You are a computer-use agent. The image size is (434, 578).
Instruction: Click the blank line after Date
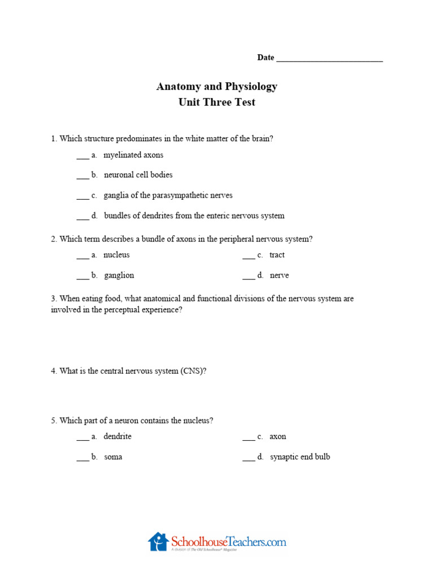click(329, 59)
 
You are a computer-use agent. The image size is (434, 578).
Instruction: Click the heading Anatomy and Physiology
click(217, 86)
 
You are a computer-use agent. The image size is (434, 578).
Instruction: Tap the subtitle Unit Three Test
click(217, 102)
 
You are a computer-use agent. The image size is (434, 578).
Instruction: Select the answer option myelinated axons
click(133, 155)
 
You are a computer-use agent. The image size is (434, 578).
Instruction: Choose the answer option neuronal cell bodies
click(138, 175)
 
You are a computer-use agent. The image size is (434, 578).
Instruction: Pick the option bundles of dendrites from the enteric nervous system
click(194, 216)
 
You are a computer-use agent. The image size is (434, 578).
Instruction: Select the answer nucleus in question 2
click(116, 255)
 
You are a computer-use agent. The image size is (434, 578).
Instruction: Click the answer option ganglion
click(119, 275)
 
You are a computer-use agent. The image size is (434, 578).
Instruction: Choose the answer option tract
click(277, 255)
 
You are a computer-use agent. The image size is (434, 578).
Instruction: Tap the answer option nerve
click(279, 275)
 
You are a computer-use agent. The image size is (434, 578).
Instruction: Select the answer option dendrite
click(118, 436)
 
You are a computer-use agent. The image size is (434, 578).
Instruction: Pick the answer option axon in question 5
click(277, 436)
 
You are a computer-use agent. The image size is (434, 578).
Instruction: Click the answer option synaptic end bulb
click(300, 457)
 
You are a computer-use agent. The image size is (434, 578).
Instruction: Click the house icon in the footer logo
click(158, 541)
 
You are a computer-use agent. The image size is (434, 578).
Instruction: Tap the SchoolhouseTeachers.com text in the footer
click(228, 542)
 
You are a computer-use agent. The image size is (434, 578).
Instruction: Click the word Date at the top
click(266, 58)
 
